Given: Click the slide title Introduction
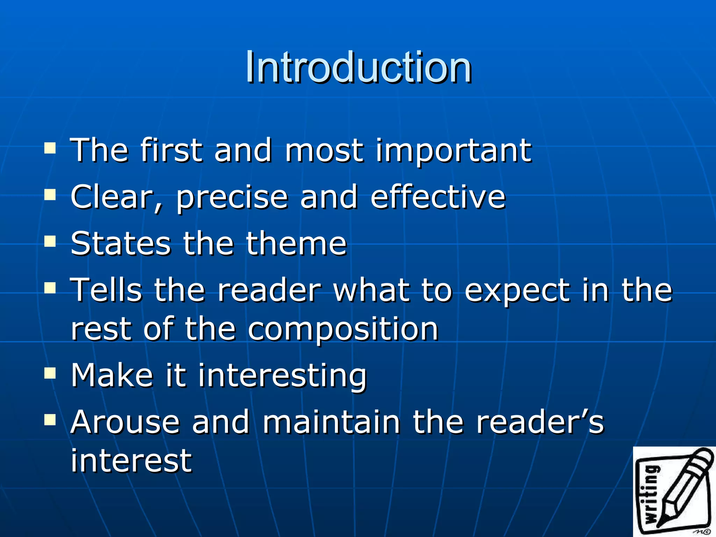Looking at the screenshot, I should (358, 67).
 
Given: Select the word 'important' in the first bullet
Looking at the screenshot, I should (453, 151).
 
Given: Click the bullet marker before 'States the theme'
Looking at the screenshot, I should (50, 241).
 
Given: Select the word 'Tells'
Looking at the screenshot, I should (106, 290).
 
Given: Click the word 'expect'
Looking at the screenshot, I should (517, 292).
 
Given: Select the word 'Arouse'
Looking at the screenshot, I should (125, 422).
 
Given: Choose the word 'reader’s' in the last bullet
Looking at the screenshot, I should (540, 422).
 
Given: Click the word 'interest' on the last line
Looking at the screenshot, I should (131, 460).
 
